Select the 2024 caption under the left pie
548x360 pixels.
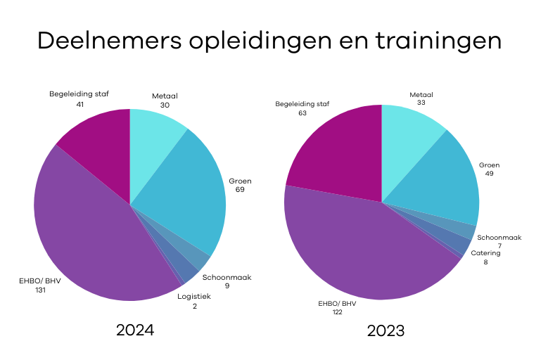[135, 330]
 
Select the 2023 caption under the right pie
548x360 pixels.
[385, 330]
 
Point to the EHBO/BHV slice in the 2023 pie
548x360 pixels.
[359, 246]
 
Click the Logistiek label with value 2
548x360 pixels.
[193, 300]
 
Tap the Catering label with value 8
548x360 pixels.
[485, 257]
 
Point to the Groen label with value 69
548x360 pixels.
[240, 185]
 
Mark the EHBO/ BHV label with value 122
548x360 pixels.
[337, 308]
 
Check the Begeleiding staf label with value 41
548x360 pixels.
[79, 98]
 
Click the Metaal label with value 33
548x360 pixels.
[421, 98]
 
